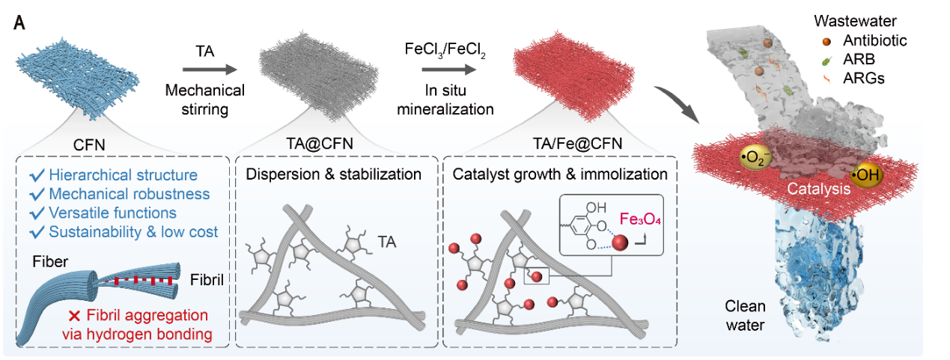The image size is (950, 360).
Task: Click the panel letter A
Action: pyautogui.click(x=21, y=22)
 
